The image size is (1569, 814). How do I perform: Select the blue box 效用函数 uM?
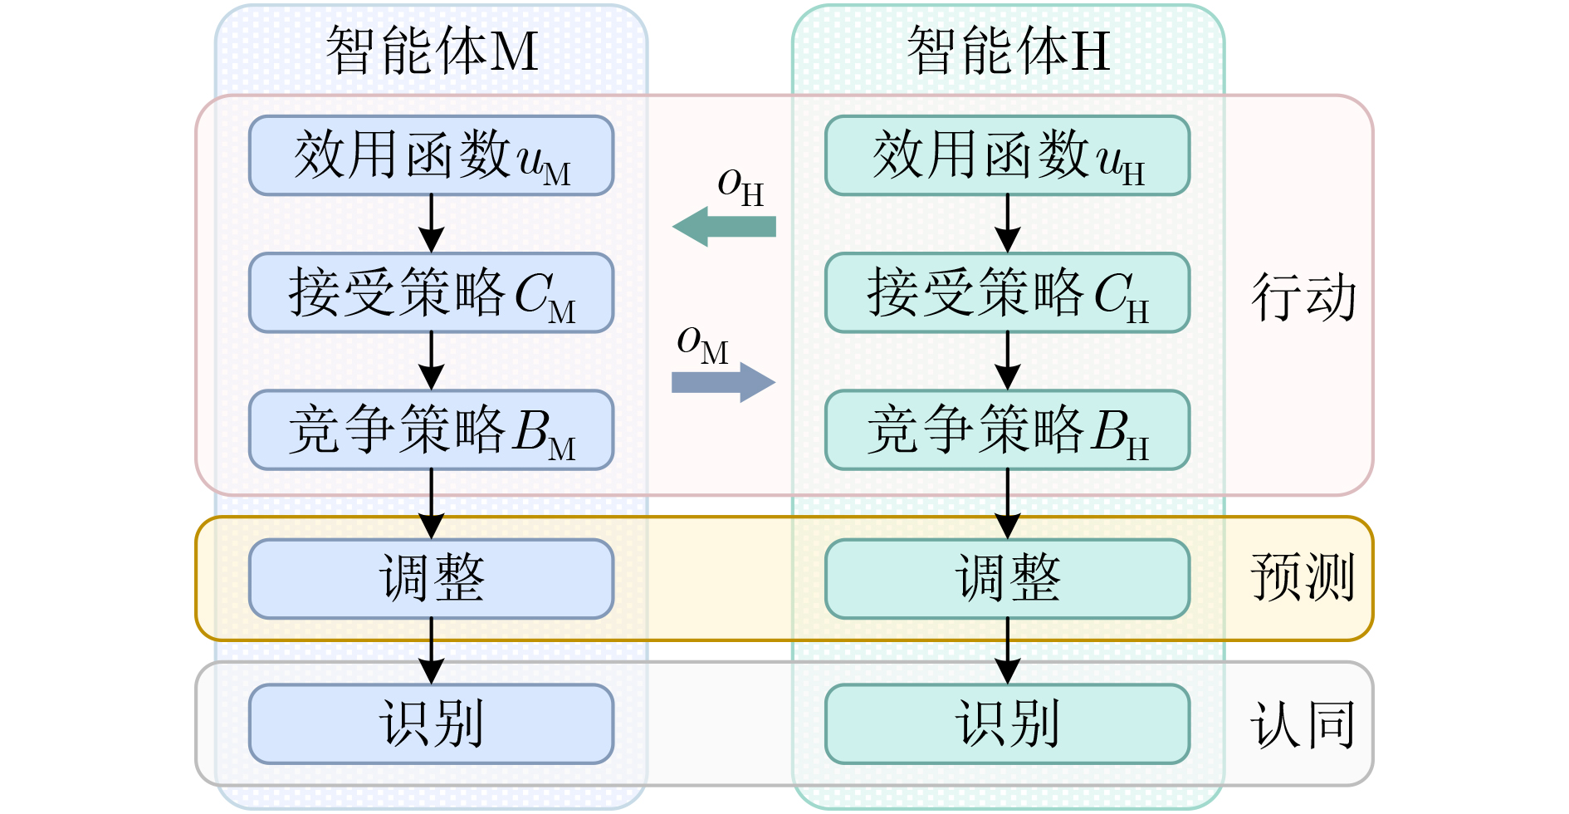point(432,156)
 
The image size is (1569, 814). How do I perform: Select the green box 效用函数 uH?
point(1008,156)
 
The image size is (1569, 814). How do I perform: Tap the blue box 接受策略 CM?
point(432,293)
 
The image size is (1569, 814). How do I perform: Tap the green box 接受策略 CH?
point(1008,293)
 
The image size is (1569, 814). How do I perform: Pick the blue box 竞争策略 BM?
point(432,430)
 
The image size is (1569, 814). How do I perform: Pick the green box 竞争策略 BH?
point(1008,430)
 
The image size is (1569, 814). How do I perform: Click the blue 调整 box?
point(432,579)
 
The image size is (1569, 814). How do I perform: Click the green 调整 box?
point(1008,579)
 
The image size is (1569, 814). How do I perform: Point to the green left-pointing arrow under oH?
point(724,227)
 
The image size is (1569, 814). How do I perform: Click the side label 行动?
point(1303,297)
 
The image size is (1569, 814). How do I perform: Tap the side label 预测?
point(1303,577)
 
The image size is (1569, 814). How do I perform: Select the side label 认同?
point(1303,725)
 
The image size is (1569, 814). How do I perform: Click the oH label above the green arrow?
point(740,186)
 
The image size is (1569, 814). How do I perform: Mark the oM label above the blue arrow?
point(702,344)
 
